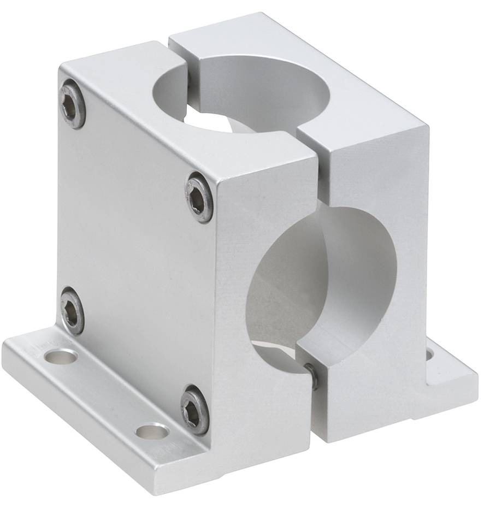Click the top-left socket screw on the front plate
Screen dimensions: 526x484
tap(73, 104)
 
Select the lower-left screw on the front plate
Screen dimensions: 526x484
tap(72, 311)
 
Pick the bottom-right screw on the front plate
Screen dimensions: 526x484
tap(195, 410)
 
